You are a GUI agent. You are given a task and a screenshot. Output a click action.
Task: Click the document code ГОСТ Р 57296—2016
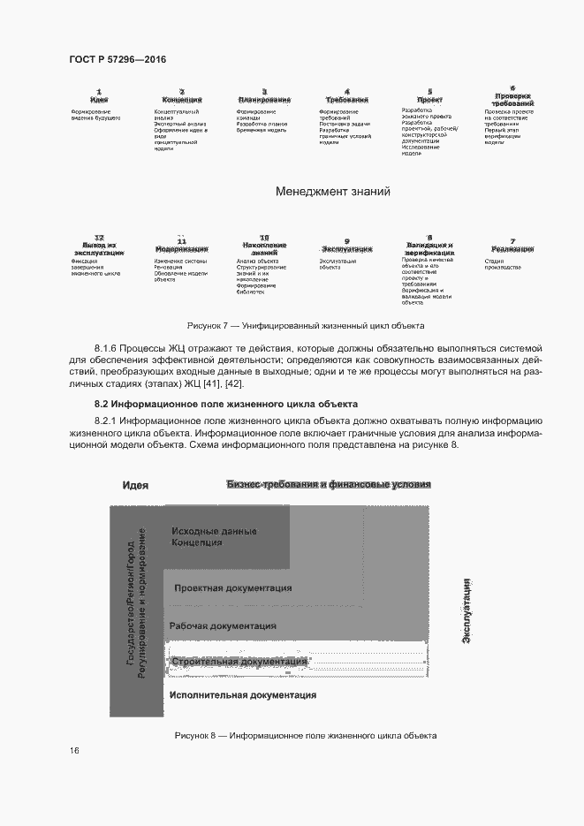118,59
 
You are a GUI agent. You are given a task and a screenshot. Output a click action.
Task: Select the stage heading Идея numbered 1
99,100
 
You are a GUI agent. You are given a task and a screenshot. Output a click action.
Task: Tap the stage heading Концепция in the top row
182,100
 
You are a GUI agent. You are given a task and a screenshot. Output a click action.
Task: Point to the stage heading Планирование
264,100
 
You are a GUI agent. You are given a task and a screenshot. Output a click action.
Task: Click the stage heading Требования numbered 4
346,100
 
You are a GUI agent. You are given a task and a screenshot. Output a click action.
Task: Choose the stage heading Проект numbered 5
429,100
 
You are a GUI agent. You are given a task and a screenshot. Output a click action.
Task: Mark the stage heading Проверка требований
512,100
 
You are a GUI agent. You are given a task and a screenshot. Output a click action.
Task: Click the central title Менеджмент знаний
332,191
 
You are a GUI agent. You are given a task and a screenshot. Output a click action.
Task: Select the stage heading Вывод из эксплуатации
99,248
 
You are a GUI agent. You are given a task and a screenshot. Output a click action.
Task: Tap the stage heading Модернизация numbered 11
181,249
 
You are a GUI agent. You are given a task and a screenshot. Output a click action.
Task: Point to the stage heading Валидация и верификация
429,248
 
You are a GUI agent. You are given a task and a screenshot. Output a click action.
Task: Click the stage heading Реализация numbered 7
512,249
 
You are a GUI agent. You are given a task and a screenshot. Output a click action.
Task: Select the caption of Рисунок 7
300,325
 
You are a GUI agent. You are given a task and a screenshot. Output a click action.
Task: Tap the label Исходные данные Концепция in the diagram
214,537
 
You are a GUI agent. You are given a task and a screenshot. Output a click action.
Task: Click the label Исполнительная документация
242,695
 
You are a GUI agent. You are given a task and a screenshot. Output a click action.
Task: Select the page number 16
74,751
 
